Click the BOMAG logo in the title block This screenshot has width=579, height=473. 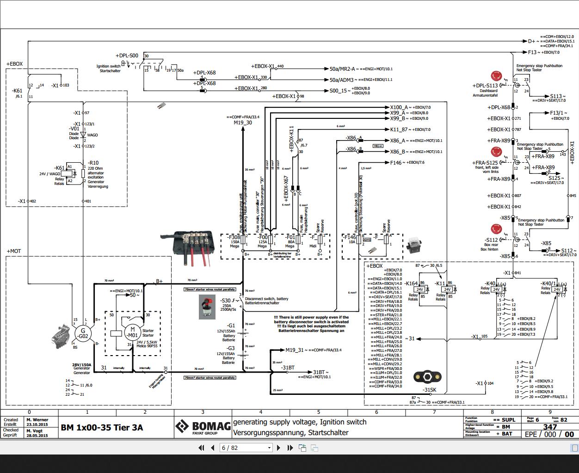pyautogui.click(x=203, y=427)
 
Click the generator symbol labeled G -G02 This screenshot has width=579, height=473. pyautogui.click(x=83, y=333)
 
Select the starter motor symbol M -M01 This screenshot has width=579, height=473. pyautogui.click(x=132, y=333)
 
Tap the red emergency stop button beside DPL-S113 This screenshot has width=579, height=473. pyautogui.click(x=496, y=76)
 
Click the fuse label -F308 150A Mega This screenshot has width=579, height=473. pyautogui.click(x=234, y=241)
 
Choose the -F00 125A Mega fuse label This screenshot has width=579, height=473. pyautogui.click(x=262, y=241)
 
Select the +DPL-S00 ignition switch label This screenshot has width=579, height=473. pyautogui.click(x=127, y=55)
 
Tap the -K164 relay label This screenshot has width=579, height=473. pyautogui.click(x=411, y=283)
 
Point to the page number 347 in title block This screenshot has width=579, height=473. pyautogui.click(x=550, y=427)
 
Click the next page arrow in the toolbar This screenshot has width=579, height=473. pyautogui.click(x=278, y=448)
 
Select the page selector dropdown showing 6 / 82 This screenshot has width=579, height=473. pyautogui.click(x=246, y=448)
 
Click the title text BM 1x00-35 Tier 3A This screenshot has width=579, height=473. pyautogui.click(x=102, y=427)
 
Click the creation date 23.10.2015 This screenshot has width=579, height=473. pyautogui.click(x=37, y=424)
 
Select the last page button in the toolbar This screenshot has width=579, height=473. pyautogui.click(x=290, y=448)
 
